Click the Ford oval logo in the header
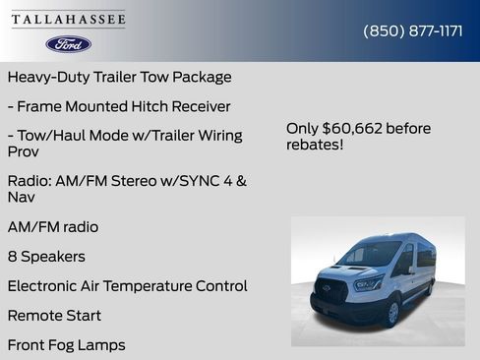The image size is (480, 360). click(x=68, y=44)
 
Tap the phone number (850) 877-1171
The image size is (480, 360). click(x=413, y=30)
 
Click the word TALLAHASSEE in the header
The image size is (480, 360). click(x=69, y=20)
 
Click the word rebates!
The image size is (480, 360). click(x=316, y=145)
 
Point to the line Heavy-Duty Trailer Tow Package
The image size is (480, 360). click(x=119, y=77)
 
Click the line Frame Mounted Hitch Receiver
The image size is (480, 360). click(x=119, y=106)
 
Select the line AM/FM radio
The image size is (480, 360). click(x=53, y=227)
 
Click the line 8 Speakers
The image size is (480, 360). click(x=46, y=257)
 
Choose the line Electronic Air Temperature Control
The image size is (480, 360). click(x=127, y=286)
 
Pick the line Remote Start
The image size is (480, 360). click(x=54, y=316)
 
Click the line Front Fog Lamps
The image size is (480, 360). click(x=66, y=345)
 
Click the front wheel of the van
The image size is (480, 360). click(x=392, y=312)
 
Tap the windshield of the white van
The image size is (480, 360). click(x=372, y=255)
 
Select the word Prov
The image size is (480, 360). click(x=24, y=152)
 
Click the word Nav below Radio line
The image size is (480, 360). click(x=21, y=198)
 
